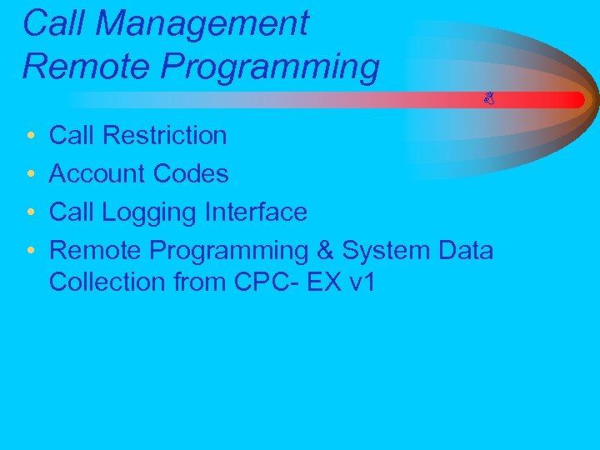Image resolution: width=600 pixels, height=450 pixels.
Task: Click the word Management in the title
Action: [x=202, y=24]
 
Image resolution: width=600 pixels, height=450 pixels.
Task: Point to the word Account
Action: [x=98, y=174]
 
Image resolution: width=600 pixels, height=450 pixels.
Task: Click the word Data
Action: [x=468, y=250]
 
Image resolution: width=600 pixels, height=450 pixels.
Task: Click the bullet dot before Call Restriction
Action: [x=29, y=136]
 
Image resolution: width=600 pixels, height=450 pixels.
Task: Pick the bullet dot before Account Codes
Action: [x=29, y=175]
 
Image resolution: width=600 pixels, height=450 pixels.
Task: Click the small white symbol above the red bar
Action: [x=489, y=98]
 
